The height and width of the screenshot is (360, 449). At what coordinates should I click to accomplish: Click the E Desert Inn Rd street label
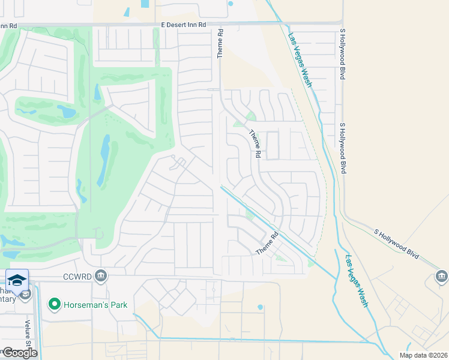[x=184, y=25]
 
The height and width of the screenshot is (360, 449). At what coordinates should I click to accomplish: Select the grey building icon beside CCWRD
[x=101, y=276]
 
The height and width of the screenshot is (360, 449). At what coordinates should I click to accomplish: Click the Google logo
[x=20, y=352]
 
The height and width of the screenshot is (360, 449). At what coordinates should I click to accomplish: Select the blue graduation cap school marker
[x=17, y=281]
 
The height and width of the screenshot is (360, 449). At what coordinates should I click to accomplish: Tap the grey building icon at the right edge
[x=442, y=276]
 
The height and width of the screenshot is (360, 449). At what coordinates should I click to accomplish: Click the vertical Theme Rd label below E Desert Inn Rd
[x=220, y=43]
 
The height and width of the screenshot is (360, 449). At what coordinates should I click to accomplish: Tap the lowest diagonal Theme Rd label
[x=268, y=243]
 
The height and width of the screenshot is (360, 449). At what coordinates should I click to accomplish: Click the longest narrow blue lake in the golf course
[x=103, y=160]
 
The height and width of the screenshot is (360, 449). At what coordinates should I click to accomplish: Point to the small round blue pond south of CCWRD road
[x=260, y=307]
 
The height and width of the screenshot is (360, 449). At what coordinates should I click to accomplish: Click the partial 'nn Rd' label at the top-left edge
[x=8, y=26]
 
